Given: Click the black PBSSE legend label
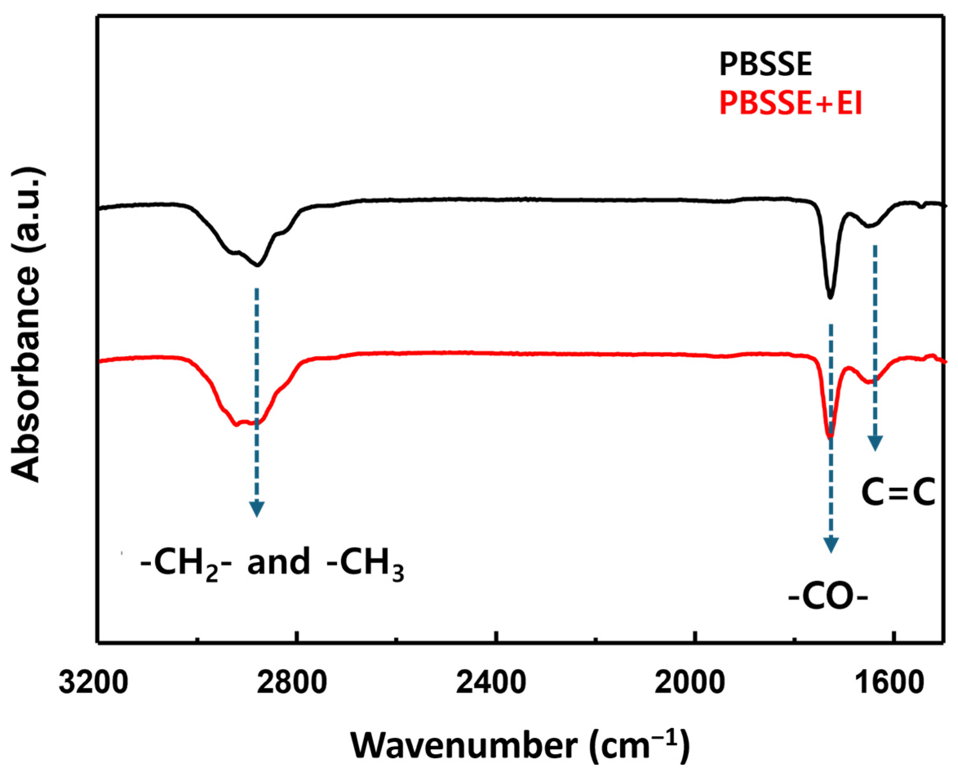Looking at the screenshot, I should click(765, 65).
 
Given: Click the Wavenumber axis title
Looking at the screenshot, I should click(520, 745).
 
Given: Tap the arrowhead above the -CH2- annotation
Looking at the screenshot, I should click(256, 509).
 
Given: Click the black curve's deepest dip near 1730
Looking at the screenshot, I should click(830, 297).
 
